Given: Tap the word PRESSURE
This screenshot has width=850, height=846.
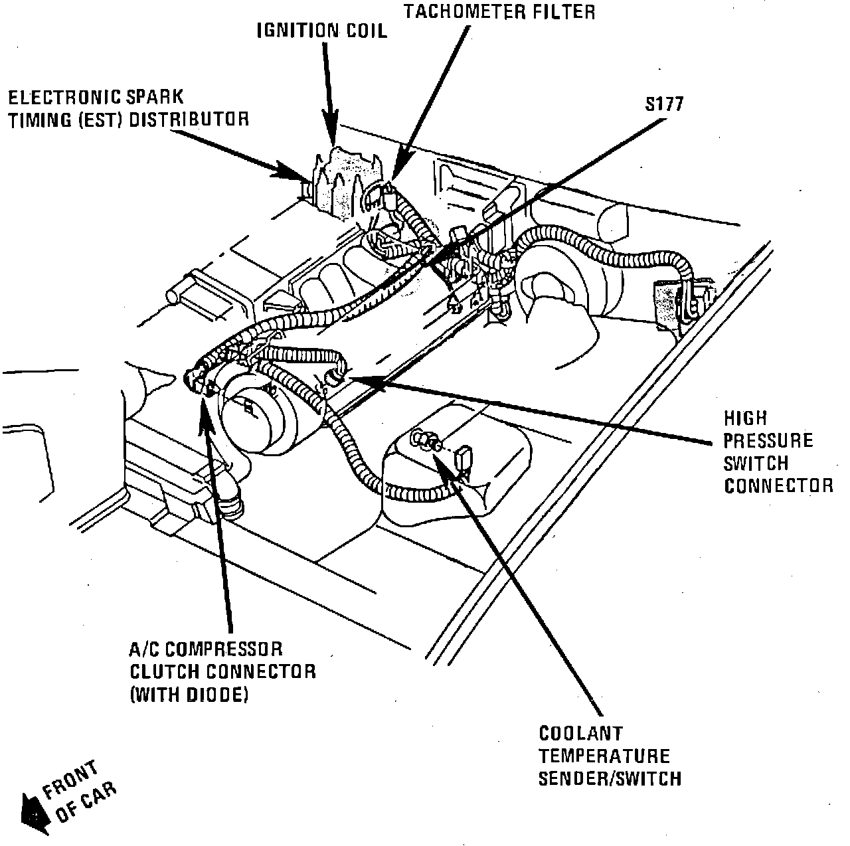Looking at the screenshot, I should point(768,440).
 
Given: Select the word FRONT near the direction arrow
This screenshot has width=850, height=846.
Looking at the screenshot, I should point(71,782).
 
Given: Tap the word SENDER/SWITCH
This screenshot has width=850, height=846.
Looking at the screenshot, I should point(610,778).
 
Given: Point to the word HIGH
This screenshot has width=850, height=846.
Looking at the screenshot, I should point(745,418).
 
